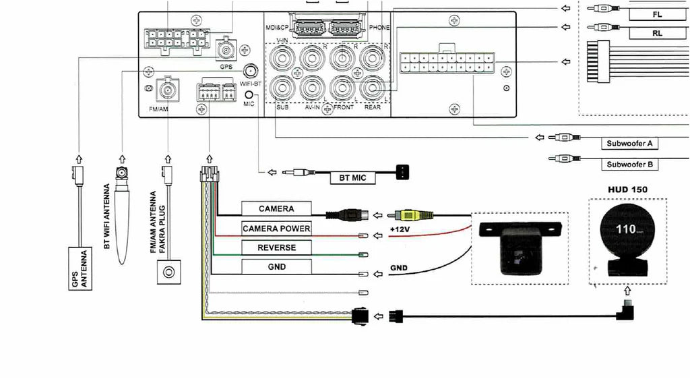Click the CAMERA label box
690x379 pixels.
tap(276, 209)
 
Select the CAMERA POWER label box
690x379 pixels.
tap(276, 229)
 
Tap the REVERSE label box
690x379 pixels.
tap(276, 247)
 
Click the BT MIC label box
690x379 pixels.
tap(350, 179)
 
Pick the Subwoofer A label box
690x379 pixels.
tap(629, 144)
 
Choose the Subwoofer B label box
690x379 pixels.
tap(629, 165)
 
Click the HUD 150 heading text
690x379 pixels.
tap(627, 189)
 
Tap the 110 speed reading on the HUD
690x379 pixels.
tap(626, 229)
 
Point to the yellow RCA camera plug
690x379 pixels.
tap(411, 216)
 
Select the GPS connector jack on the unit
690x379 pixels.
tap(225, 50)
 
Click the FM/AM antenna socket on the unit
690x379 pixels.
tap(164, 89)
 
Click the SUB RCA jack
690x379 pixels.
tap(280, 88)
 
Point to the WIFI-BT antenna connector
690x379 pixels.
tap(251, 71)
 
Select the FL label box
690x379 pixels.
tap(657, 14)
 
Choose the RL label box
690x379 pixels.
tap(657, 32)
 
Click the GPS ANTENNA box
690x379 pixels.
tap(81, 269)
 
